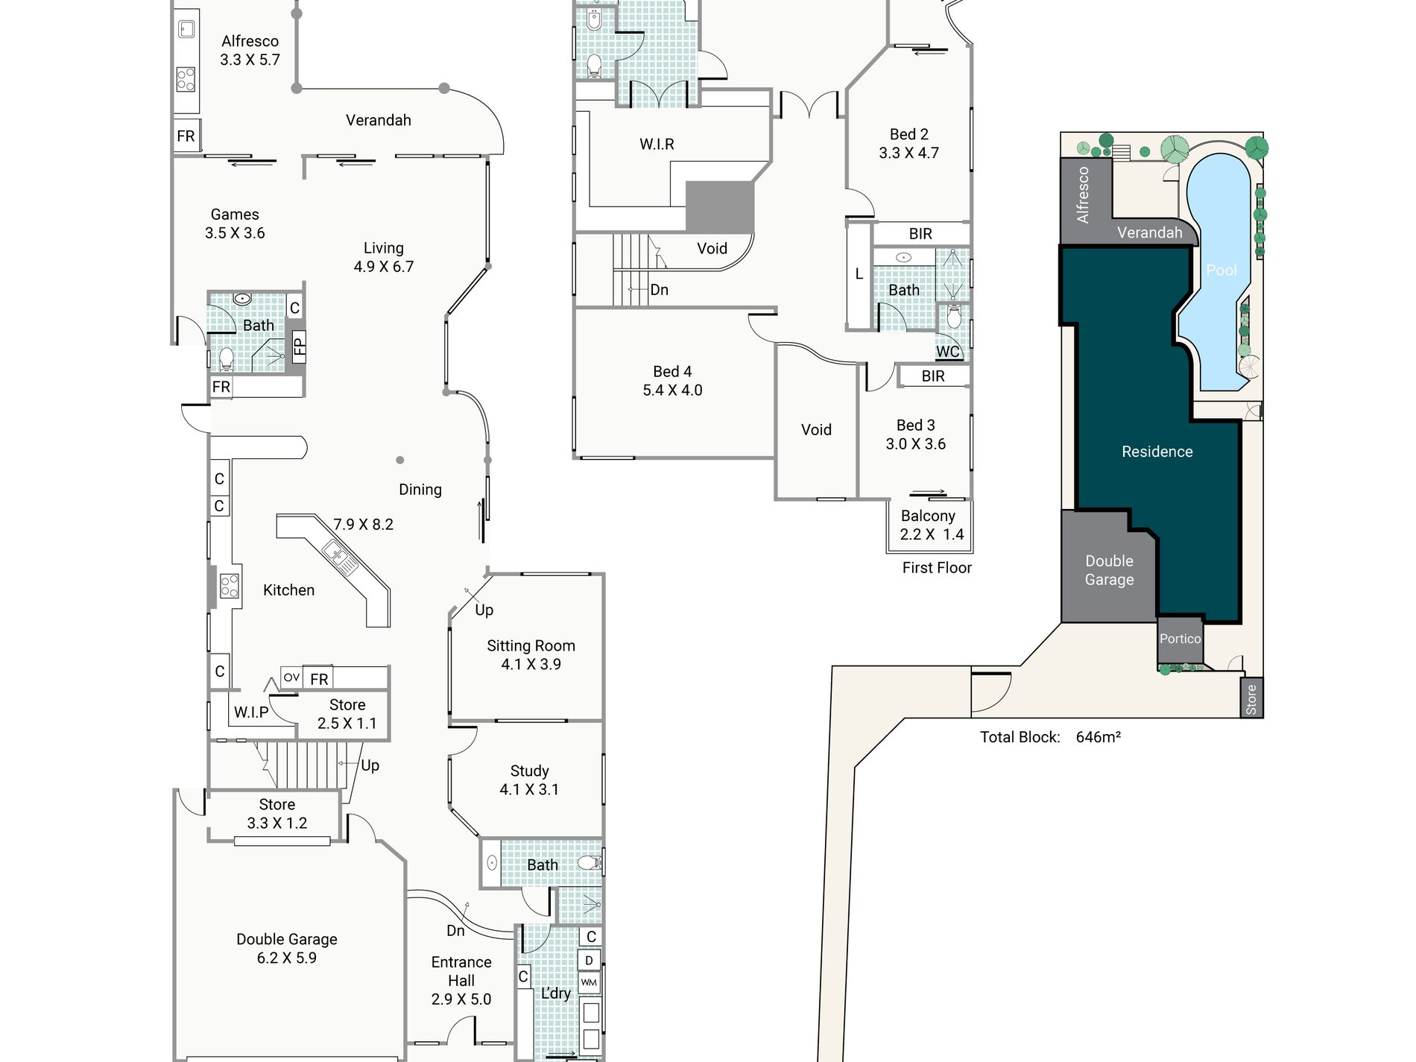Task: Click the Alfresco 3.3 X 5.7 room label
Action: pos(250,50)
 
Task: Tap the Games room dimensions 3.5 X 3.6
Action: pos(235,233)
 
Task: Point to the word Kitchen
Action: pos(288,590)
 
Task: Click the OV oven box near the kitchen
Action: pos(291,677)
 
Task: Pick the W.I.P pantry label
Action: pos(251,712)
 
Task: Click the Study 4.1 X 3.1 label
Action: pos(529,780)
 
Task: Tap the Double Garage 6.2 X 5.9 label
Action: pos(287,949)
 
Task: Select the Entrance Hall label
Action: pos(461,972)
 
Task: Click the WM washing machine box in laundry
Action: pos(589,982)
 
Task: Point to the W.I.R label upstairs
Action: pos(657,145)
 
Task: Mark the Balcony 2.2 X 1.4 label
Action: pos(932,525)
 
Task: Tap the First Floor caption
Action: pos(937,568)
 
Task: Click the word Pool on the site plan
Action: pos(1221,271)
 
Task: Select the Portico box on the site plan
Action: pos(1180,640)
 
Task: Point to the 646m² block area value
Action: pos(1098,737)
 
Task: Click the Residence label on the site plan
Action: pos(1157,452)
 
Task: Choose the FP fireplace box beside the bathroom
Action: pos(299,346)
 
